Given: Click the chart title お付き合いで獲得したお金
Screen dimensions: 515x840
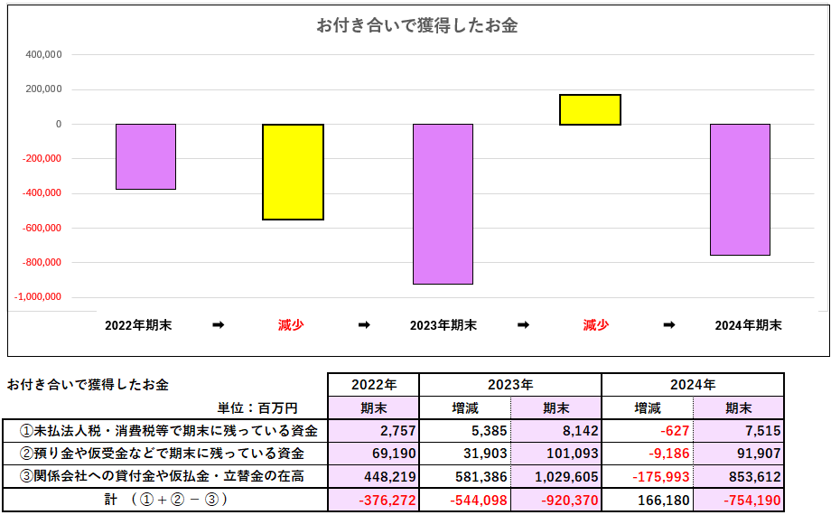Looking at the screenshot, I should click(416, 25).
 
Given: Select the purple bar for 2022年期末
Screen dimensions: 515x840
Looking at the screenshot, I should click(145, 156).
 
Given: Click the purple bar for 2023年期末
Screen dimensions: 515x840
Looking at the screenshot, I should click(443, 203).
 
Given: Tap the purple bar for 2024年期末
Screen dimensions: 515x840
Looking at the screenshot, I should click(740, 189).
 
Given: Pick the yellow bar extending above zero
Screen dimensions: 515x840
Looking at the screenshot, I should click(590, 109).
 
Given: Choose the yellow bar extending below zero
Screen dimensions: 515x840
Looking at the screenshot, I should click(293, 172).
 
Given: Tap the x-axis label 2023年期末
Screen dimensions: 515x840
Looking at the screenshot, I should click(443, 325).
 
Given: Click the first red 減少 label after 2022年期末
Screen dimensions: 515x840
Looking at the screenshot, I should click(291, 325).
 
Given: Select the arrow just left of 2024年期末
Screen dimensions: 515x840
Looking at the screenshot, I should click(669, 325).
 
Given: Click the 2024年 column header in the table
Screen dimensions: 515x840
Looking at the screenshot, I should click(692, 384).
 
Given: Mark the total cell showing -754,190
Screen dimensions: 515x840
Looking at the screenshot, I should click(751, 500).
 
